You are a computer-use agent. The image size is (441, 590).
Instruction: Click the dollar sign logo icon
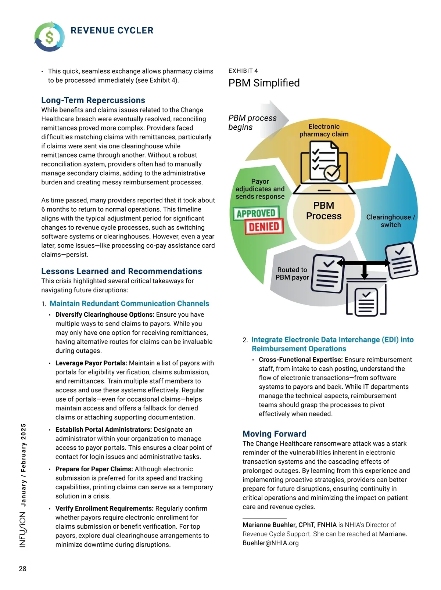49,36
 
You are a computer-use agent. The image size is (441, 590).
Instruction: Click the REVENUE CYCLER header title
112,30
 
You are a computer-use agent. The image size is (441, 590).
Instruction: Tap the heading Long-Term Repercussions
93,100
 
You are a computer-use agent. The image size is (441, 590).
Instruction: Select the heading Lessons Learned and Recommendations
121,271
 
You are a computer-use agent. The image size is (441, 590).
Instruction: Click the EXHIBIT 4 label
243,71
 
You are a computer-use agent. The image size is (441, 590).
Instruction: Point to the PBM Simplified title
264,83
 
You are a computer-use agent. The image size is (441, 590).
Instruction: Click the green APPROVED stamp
256,213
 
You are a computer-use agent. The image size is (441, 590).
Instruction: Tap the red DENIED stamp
264,227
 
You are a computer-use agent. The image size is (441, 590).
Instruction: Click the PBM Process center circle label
324,211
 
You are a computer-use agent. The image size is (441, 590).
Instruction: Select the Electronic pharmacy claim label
324,130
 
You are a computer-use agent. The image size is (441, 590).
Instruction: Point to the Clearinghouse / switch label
390,221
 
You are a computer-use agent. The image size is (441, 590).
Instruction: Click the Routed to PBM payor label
292,274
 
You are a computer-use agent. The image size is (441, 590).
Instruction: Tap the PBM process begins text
252,122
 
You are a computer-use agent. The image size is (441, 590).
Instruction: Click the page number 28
22,569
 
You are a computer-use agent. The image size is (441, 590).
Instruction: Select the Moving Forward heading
274,434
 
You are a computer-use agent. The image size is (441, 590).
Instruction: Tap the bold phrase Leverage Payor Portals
91,363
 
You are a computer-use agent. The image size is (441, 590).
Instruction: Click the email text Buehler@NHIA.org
270,543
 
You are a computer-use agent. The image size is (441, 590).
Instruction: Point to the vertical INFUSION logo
23,529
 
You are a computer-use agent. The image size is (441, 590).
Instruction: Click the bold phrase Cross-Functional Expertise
300,360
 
